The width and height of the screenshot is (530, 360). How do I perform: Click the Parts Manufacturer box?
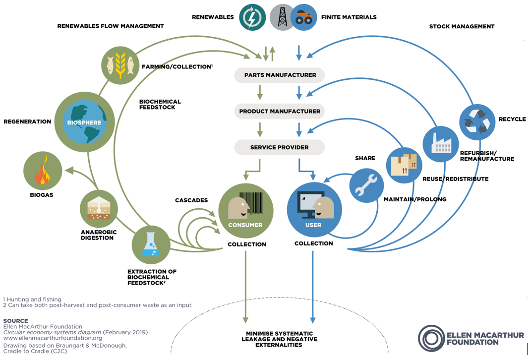[x=280, y=75]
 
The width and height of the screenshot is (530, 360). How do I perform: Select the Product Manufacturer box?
[x=280, y=111]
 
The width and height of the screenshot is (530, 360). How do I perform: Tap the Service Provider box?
[x=280, y=147]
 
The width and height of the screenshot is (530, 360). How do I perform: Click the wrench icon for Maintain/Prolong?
[x=366, y=186]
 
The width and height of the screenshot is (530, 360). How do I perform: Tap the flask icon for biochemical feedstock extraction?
[x=150, y=245]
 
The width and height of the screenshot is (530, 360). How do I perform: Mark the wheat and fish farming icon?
[x=119, y=65]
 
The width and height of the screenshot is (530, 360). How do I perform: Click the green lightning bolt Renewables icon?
[x=252, y=17]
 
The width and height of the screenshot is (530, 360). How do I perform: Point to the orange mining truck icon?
[x=304, y=18]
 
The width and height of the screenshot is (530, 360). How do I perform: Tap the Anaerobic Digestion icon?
[x=99, y=209]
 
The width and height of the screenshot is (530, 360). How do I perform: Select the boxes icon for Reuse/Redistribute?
[x=403, y=164]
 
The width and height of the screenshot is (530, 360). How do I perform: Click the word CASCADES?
[x=191, y=200]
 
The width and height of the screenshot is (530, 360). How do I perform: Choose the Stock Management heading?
[x=462, y=26]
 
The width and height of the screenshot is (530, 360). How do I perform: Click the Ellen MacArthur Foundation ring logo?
[x=431, y=338]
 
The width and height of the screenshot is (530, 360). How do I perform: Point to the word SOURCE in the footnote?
[x=15, y=321]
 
